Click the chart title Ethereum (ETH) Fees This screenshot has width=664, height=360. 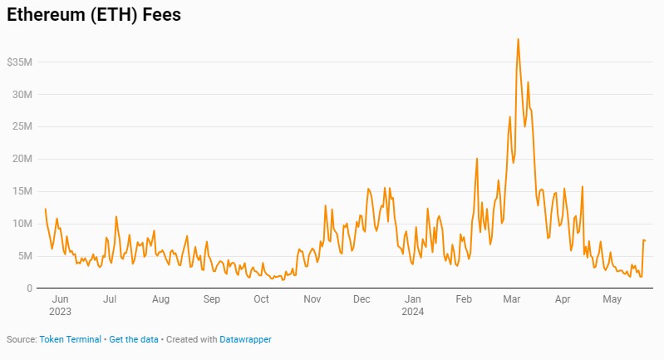point(93,15)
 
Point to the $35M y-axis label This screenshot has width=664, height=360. point(19,62)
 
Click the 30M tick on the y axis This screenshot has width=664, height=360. point(22,95)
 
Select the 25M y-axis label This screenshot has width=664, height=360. point(22,127)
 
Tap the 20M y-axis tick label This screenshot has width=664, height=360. point(22,160)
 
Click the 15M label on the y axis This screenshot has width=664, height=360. point(22,191)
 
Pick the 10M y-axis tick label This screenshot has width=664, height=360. point(22,224)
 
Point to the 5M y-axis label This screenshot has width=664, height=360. point(25,256)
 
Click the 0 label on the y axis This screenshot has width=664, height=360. point(29,288)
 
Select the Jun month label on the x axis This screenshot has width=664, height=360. point(60,299)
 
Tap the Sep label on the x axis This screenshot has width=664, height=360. point(212,299)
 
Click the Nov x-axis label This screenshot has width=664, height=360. point(312,299)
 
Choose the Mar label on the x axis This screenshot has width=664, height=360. point(512,299)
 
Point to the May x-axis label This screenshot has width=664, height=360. point(612,299)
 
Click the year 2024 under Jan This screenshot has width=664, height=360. point(413,312)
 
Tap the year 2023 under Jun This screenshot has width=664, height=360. point(60,312)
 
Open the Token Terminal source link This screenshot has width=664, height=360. point(71,339)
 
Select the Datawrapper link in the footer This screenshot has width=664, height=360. point(245,339)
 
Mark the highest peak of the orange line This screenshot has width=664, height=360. point(518,39)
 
